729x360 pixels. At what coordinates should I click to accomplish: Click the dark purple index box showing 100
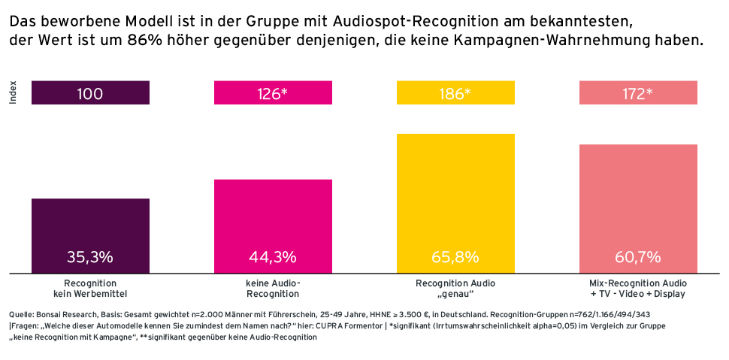click(x=90, y=93)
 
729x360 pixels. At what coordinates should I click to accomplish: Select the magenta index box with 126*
click(x=273, y=93)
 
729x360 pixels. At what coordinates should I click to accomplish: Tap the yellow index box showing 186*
click(x=455, y=93)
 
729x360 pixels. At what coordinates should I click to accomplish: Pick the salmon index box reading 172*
click(x=638, y=93)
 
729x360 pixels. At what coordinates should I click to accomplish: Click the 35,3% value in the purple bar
click(x=90, y=257)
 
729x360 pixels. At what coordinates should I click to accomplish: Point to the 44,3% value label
click(x=273, y=257)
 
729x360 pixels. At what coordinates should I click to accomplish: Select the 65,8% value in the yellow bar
click(x=455, y=257)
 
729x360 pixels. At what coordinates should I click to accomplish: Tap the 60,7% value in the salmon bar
click(x=638, y=257)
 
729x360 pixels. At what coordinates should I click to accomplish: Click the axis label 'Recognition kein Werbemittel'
click(x=90, y=289)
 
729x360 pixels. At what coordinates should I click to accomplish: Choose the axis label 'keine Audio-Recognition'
click(x=273, y=289)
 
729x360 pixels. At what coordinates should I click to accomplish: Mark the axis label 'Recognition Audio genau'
click(x=455, y=289)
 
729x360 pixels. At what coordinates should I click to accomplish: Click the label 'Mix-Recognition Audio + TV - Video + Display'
click(x=638, y=289)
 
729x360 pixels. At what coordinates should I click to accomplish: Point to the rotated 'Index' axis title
click(x=13, y=93)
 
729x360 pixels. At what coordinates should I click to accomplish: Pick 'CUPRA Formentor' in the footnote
click(x=325, y=326)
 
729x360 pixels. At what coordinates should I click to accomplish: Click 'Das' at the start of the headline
click(x=23, y=22)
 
